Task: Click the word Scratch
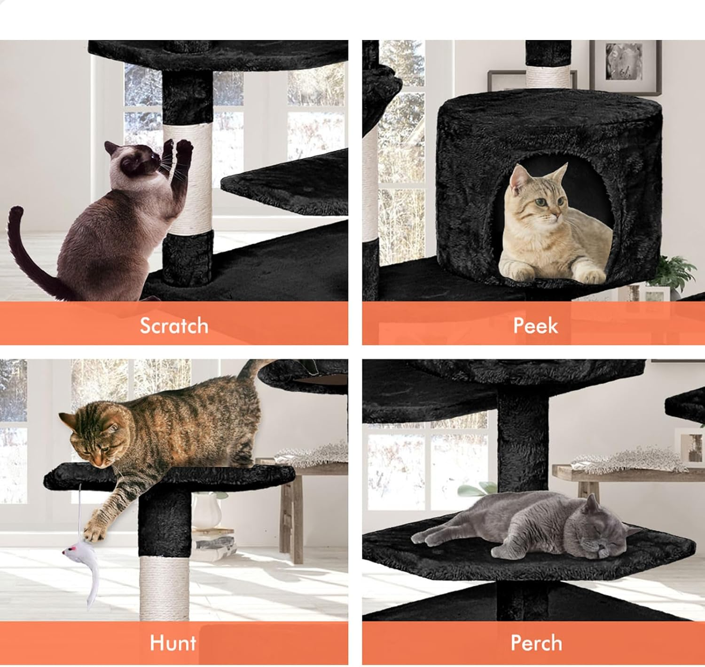(x=174, y=326)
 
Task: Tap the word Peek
(x=535, y=326)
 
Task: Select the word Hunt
(x=173, y=643)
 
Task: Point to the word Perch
(x=536, y=643)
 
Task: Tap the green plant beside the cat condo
(x=677, y=270)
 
